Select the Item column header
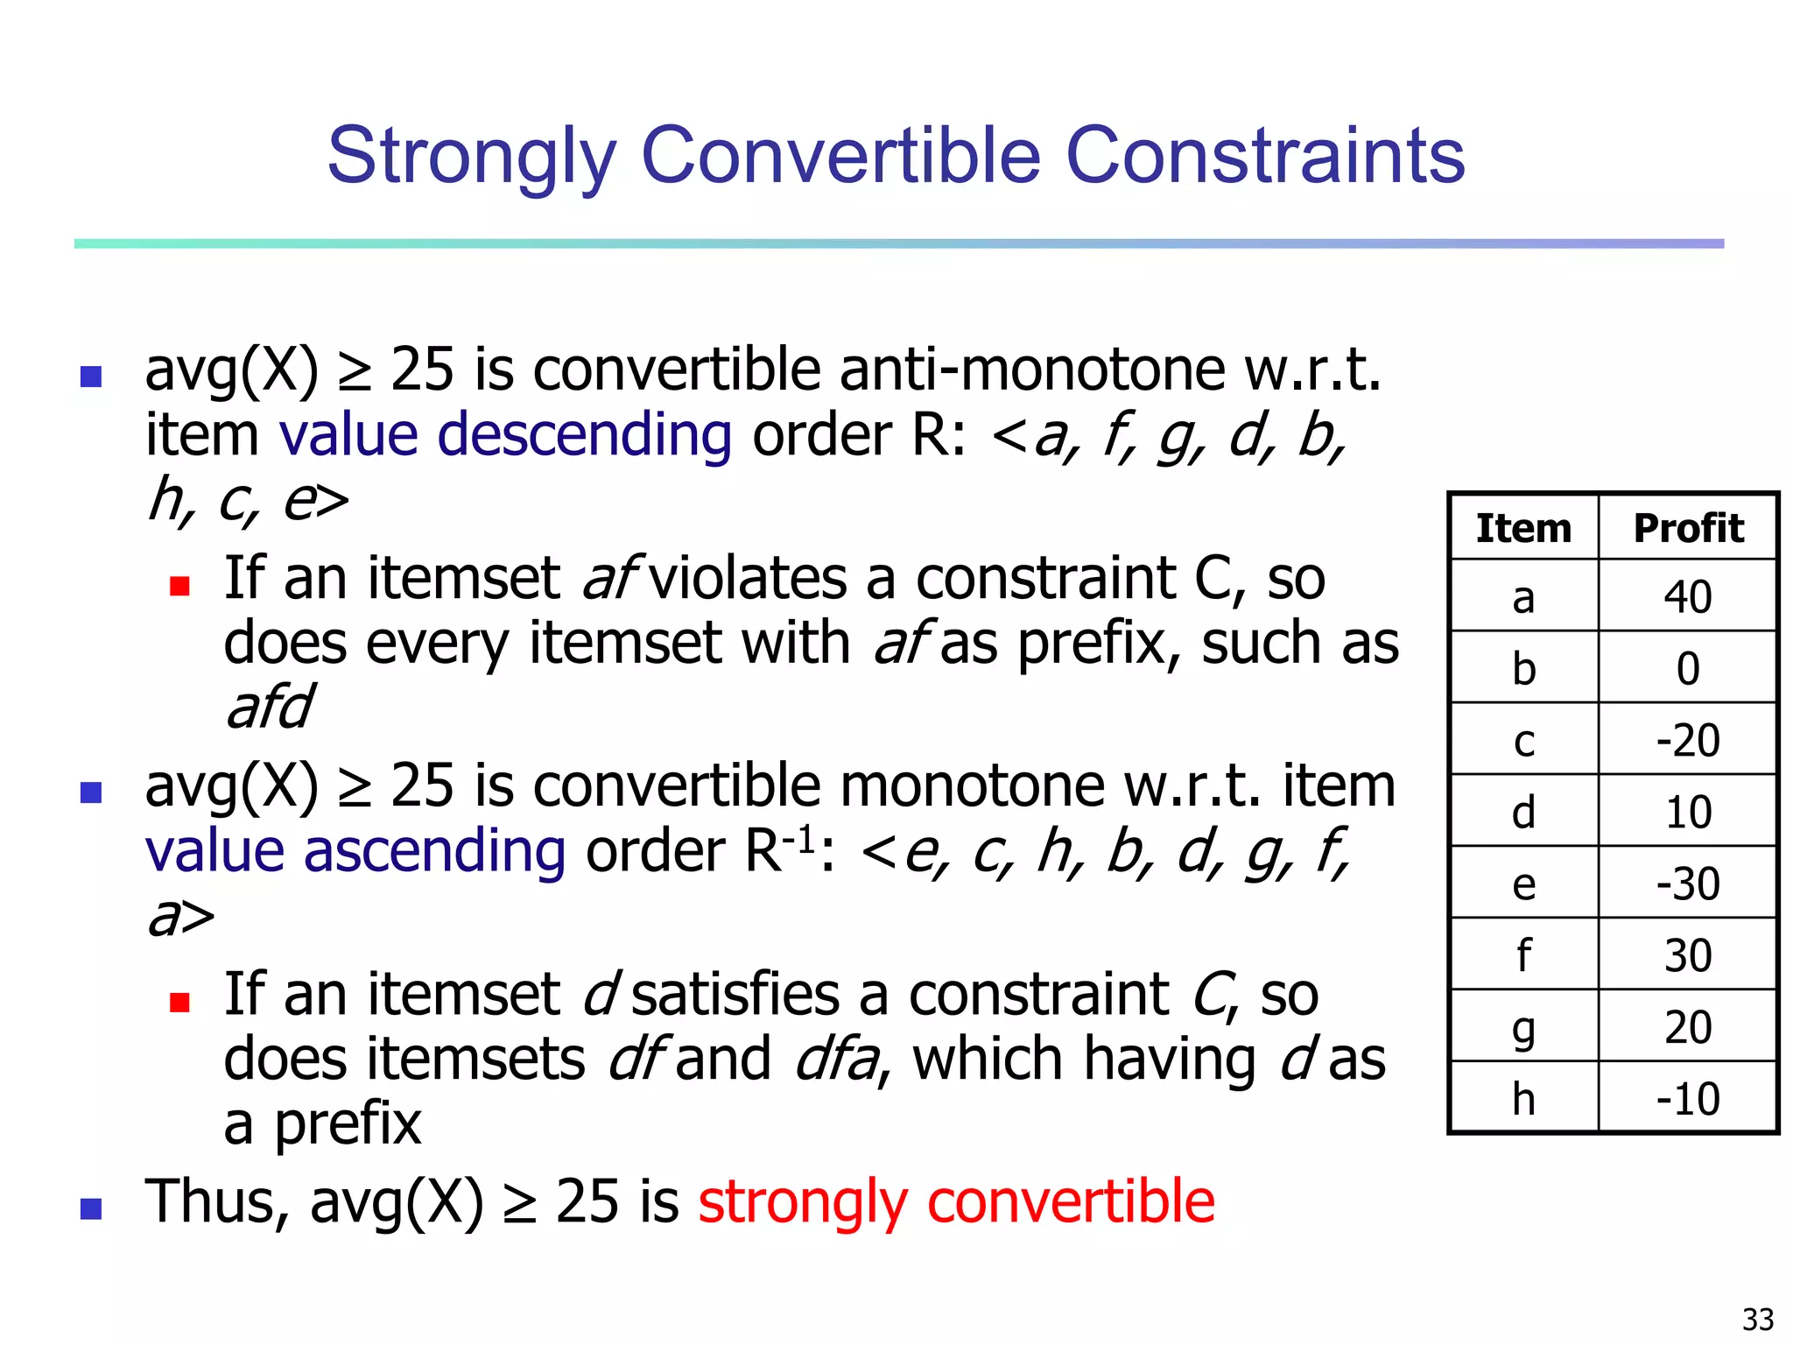pyautogui.click(x=1523, y=528)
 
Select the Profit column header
pyautogui.click(x=1688, y=528)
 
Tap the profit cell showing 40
pyautogui.click(x=1688, y=597)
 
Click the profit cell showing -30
pyautogui.click(x=1688, y=884)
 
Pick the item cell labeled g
pyautogui.click(x=1523, y=1027)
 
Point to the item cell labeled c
pyautogui.click(x=1523, y=741)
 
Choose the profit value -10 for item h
pyautogui.click(x=1688, y=1098)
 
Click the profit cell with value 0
pyautogui.click(x=1688, y=669)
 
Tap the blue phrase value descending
pyautogui.click(x=505, y=435)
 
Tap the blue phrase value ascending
pyautogui.click(x=355, y=851)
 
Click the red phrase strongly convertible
pyautogui.click(x=956, y=1201)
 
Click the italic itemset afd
pyautogui.click(x=269, y=707)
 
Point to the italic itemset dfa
pyautogui.click(x=835, y=1060)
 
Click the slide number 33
pyautogui.click(x=1757, y=1319)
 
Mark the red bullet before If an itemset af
pyautogui.click(x=179, y=585)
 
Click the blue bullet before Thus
pyautogui.click(x=90, y=1208)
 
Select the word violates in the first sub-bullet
pyautogui.click(x=747, y=578)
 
